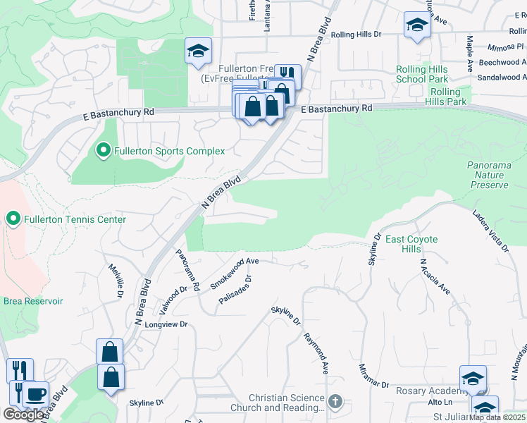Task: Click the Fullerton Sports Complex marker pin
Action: [104, 151]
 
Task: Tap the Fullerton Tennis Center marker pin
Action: [13, 219]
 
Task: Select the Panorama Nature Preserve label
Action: [488, 175]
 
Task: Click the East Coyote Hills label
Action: [411, 245]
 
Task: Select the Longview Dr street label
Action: [166, 324]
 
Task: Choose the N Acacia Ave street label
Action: [435, 276]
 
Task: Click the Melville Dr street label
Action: [116, 280]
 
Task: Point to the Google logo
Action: [23, 415]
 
